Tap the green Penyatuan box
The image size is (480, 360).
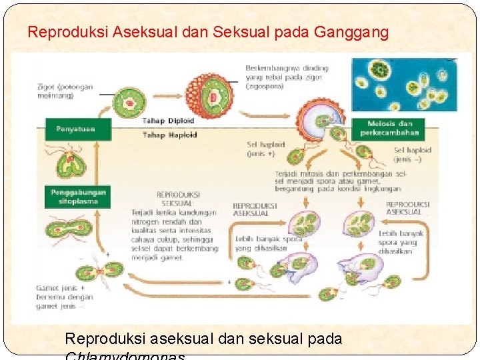[75, 129]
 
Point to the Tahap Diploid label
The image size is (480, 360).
[168, 121]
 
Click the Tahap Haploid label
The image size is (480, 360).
[169, 135]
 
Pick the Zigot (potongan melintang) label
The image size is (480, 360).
[65, 90]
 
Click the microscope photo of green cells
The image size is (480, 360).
[405, 84]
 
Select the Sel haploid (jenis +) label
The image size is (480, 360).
[266, 148]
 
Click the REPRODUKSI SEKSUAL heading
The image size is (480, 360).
[176, 199]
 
